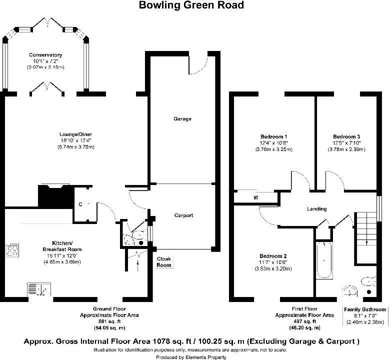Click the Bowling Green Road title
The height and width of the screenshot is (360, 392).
[191, 5]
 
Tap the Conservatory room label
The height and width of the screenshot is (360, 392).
[45, 55]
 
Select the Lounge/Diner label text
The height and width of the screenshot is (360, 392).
[76, 134]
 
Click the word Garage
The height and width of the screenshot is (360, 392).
[182, 119]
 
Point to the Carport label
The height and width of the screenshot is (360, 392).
[184, 215]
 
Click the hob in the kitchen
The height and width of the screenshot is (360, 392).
[13, 249]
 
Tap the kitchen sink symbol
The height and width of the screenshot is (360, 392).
[39, 289]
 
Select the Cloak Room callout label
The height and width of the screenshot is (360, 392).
[164, 262]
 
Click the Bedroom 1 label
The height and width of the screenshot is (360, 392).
[274, 137]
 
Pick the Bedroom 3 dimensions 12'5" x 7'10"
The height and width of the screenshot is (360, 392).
[346, 143]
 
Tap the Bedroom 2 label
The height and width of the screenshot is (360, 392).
[273, 256]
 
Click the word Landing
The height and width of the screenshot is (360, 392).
[317, 209]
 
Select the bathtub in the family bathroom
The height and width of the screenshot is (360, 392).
[324, 260]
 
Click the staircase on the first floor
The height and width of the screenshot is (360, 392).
[366, 237]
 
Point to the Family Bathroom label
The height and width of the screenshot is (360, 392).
[365, 309]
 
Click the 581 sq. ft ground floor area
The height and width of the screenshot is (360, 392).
[109, 321]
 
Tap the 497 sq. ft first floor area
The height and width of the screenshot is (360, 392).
[304, 321]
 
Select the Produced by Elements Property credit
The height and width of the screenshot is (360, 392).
[191, 357]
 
